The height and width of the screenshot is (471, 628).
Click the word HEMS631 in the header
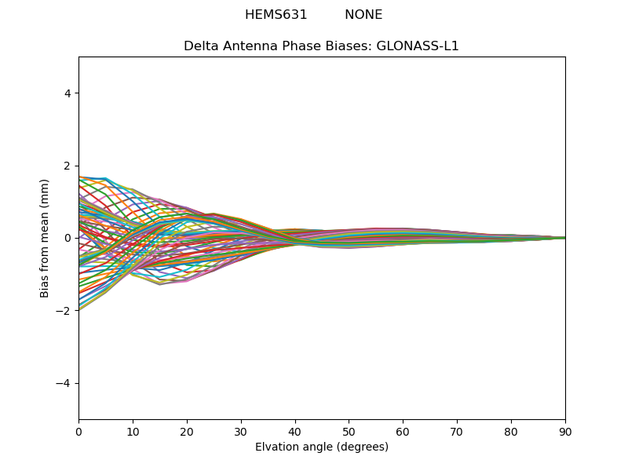pos(276,15)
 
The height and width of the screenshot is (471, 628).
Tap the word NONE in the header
pos(363,15)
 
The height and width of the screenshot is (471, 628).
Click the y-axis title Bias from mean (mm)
pos(46,238)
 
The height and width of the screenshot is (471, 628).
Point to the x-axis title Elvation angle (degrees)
pos(322,447)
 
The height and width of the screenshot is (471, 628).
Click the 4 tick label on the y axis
pos(68,93)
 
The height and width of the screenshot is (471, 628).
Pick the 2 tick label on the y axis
pos(68,166)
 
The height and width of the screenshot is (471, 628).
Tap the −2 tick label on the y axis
pos(64,311)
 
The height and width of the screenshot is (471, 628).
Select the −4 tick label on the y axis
pos(64,383)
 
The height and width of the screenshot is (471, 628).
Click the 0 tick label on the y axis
pos(68,238)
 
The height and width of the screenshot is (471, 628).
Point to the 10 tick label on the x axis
pos(133,431)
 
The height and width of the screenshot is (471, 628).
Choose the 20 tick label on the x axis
pos(187,431)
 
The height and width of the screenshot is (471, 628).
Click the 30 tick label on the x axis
pos(241,431)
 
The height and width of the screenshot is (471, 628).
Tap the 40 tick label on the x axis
pos(295,431)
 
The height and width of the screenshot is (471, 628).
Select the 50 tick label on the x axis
pos(349,431)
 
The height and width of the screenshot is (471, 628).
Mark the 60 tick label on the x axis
pos(403,431)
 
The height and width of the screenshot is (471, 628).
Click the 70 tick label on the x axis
pos(457,431)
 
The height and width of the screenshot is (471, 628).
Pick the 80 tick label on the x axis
pos(511,431)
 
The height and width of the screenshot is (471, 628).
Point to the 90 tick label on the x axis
pos(565,431)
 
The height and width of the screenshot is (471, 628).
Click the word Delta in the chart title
pos(201,46)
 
